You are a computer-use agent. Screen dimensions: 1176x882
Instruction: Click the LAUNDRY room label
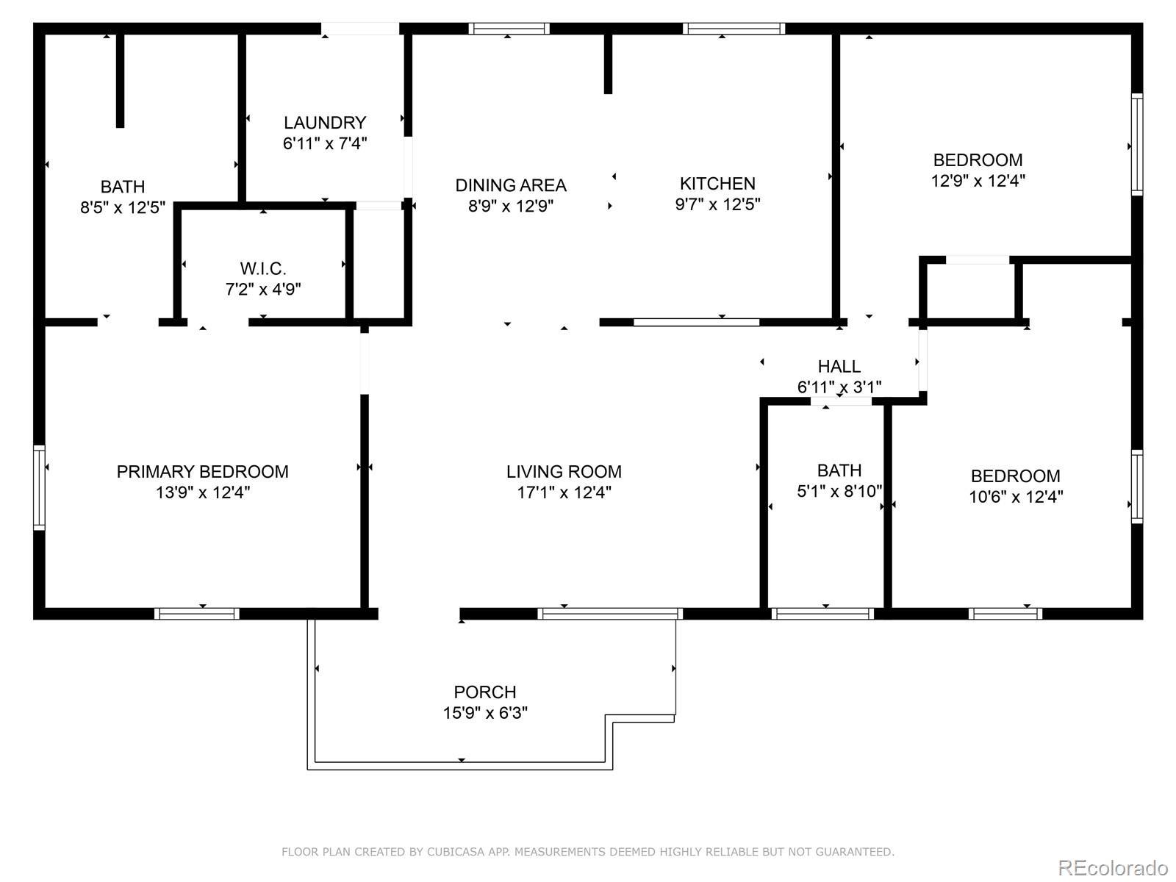coord(325,123)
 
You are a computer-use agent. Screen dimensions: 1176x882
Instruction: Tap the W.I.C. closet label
coord(263,268)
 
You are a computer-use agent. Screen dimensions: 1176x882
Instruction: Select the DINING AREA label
coord(511,185)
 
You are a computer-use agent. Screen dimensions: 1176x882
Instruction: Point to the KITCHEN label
coord(717,184)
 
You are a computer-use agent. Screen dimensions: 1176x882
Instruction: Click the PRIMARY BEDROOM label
coord(203,471)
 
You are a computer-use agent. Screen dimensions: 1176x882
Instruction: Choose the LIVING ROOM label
coord(564,471)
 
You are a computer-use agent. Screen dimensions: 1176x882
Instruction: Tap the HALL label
coord(839,366)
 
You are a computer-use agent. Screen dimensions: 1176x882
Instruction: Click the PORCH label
coord(485,692)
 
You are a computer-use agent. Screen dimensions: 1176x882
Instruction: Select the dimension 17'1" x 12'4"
coord(564,492)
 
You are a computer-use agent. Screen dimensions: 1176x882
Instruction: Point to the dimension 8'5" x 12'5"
coord(123,207)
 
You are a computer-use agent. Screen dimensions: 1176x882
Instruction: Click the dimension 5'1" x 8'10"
coord(839,491)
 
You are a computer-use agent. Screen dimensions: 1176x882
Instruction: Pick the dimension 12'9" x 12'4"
coord(978,181)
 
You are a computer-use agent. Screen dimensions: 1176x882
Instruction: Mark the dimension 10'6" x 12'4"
coord(1016,497)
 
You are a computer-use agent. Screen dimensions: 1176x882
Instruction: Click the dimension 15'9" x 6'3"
coord(485,713)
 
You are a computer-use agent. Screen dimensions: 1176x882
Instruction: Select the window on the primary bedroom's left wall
coord(39,487)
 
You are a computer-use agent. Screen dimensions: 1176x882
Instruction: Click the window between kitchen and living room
coord(697,323)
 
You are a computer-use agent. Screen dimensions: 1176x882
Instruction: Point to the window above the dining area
coord(509,29)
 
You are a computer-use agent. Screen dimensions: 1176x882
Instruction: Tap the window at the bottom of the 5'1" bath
coord(822,614)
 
